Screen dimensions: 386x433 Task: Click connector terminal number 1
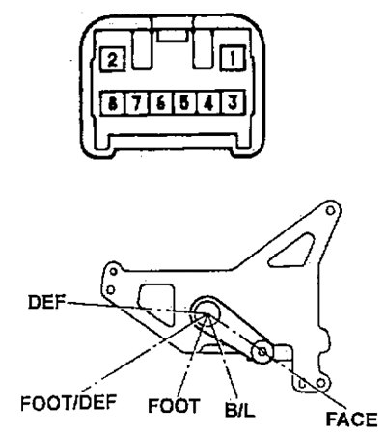tap(233, 58)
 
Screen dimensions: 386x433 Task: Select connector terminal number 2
tap(112, 59)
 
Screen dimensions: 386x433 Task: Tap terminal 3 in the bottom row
tap(233, 103)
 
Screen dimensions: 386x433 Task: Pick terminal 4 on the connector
tap(209, 103)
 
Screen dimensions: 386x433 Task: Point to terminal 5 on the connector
tap(185, 103)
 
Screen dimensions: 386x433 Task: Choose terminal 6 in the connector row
tap(161, 103)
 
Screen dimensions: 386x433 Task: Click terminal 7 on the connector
tap(137, 103)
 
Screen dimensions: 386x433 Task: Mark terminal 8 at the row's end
tap(113, 103)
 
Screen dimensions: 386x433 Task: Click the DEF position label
tap(47, 302)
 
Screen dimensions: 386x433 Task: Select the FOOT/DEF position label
tap(69, 402)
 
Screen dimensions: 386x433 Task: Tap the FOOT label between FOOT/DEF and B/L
tap(174, 405)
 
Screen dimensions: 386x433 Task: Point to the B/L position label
tap(239, 409)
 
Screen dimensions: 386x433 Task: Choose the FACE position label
tap(351, 419)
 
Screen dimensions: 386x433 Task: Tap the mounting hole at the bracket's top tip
tap(330, 210)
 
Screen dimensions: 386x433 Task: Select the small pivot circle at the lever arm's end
tap(262, 351)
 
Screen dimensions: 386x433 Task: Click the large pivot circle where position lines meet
tap(207, 310)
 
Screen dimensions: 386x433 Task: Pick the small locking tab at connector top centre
tap(173, 36)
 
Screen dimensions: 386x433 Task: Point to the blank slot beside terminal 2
tap(142, 49)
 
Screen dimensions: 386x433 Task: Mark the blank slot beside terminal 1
tap(203, 49)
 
